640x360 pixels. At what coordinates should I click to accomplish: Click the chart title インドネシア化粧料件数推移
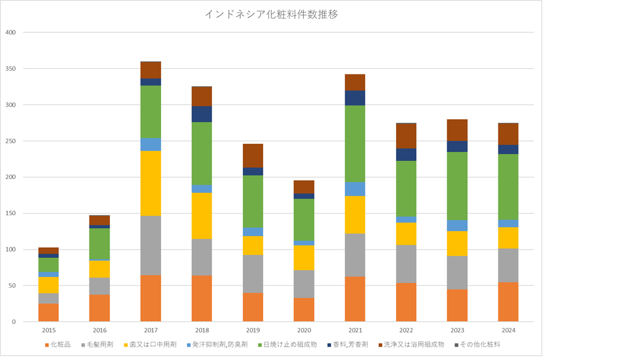pyautogui.click(x=271, y=15)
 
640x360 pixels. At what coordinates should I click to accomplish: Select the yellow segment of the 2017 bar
pyautogui.click(x=151, y=183)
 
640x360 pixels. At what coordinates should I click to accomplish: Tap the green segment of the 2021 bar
pyautogui.click(x=355, y=143)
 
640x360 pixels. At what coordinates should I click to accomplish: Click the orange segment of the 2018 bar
pyautogui.click(x=202, y=298)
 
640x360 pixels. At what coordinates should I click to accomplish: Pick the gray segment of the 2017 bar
pyautogui.click(x=151, y=245)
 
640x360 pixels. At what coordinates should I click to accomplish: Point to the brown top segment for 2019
pyautogui.click(x=253, y=156)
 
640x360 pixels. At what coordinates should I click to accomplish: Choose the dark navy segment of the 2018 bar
pyautogui.click(x=202, y=114)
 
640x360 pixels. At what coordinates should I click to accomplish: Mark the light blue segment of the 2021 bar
pyautogui.click(x=355, y=189)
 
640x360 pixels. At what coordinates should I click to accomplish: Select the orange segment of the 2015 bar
pyautogui.click(x=48, y=312)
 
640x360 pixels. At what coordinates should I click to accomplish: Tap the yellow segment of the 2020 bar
pyautogui.click(x=304, y=257)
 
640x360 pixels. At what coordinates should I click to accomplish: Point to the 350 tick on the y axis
pyautogui.click(x=11, y=69)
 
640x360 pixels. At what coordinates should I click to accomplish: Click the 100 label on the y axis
pyautogui.click(x=11, y=249)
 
